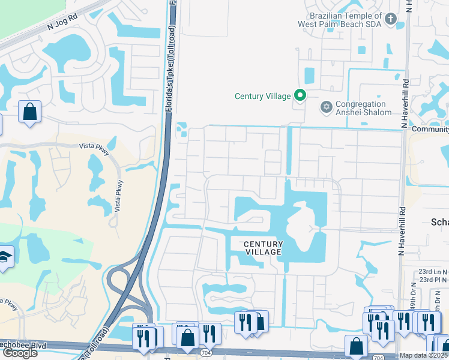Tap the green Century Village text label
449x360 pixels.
262,96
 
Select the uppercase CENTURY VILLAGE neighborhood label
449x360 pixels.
263,248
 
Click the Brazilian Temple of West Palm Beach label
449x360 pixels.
340,20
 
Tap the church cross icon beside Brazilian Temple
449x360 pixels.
390,20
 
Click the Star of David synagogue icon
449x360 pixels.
327,107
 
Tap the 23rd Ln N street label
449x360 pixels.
433,271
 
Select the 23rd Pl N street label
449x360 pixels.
433,280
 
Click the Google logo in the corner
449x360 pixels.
19,352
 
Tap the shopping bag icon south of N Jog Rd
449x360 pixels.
29,112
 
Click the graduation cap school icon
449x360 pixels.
5,257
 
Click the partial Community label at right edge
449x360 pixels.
430,129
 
